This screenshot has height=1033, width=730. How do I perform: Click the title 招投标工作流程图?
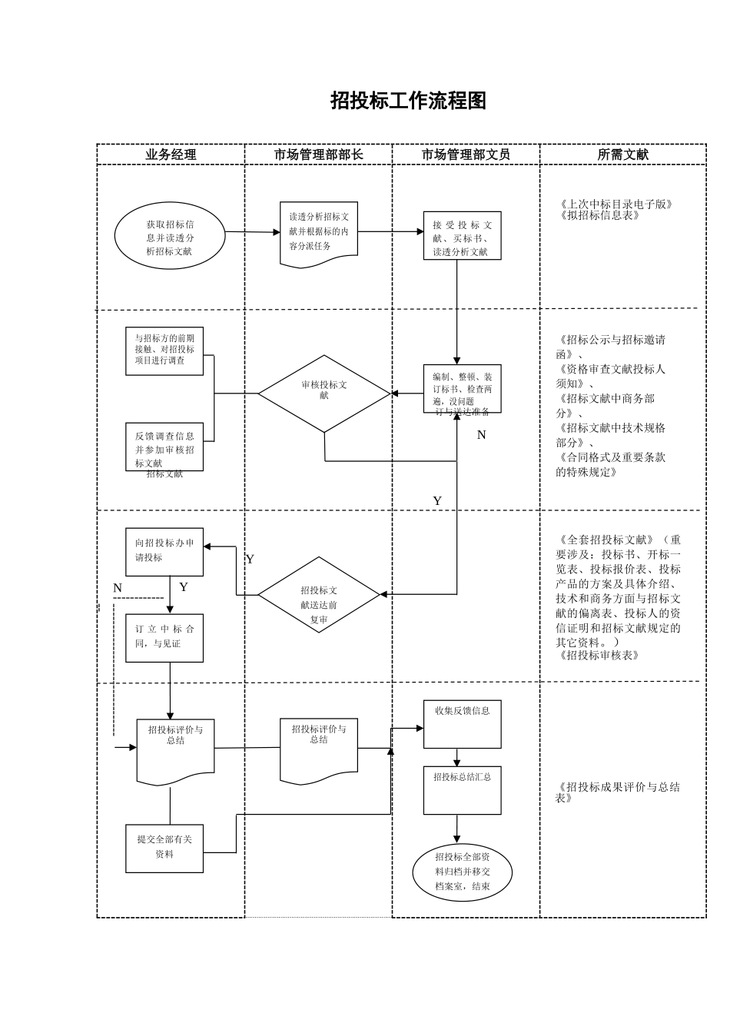(408, 101)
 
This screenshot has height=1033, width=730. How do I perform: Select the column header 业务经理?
(171, 154)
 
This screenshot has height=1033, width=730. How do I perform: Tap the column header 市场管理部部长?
(318, 154)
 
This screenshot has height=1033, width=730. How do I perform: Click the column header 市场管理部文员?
(466, 154)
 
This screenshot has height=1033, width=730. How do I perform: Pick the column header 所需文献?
(622, 154)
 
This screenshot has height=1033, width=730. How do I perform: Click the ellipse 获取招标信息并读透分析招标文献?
(170, 237)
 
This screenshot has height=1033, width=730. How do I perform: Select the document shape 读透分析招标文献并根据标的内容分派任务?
(318, 232)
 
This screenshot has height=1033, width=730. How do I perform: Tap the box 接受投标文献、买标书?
(462, 237)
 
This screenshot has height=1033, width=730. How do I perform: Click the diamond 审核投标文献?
(324, 393)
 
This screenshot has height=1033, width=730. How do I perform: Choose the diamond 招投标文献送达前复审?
(319, 595)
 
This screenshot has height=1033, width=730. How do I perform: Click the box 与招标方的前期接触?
(164, 350)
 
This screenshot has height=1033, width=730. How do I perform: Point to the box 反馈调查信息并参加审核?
(164, 447)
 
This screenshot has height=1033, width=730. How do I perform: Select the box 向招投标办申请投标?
(164, 551)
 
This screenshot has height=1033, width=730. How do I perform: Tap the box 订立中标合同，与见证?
(164, 637)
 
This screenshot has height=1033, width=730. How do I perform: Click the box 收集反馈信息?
(462, 723)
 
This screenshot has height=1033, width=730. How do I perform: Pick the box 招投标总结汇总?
(462, 789)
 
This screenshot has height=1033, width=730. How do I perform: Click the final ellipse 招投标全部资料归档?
(462, 872)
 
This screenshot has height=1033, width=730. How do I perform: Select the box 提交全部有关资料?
(164, 848)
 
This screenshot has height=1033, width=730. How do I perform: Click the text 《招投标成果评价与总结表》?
(618, 792)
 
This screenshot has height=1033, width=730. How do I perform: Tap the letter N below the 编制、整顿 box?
(482, 435)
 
